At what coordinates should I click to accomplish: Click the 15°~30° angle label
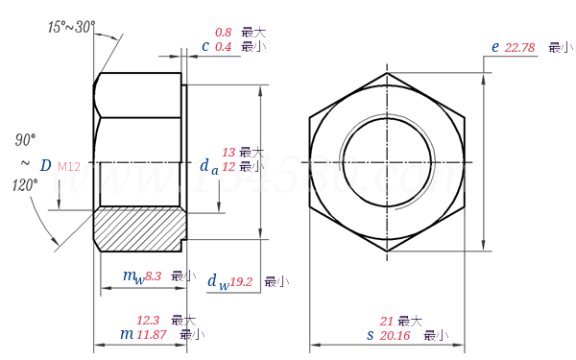pyautogui.click(x=72, y=27)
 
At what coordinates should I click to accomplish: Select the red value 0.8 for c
pyautogui.click(x=222, y=32)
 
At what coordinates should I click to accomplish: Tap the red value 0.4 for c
pyautogui.click(x=222, y=46)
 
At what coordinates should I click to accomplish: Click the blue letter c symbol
pyautogui.click(x=205, y=45)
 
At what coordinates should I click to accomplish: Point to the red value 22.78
pyautogui.click(x=518, y=47)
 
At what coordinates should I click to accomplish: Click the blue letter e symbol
pyautogui.click(x=495, y=46)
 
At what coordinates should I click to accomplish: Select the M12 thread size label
pyautogui.click(x=69, y=167)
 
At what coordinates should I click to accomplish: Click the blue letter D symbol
pyautogui.click(x=45, y=166)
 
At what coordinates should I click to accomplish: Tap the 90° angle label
pyautogui.click(x=25, y=140)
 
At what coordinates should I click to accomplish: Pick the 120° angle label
pyautogui.click(x=24, y=184)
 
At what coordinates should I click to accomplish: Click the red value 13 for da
pyautogui.click(x=228, y=153)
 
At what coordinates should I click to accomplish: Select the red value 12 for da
pyautogui.click(x=228, y=166)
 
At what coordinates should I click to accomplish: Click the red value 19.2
pyautogui.click(x=241, y=281)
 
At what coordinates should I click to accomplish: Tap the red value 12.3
pyautogui.click(x=148, y=320)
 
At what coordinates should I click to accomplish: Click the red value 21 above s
pyautogui.click(x=387, y=321)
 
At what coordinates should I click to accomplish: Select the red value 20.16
pyautogui.click(x=395, y=335)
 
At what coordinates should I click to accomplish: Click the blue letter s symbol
pyautogui.click(x=370, y=335)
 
